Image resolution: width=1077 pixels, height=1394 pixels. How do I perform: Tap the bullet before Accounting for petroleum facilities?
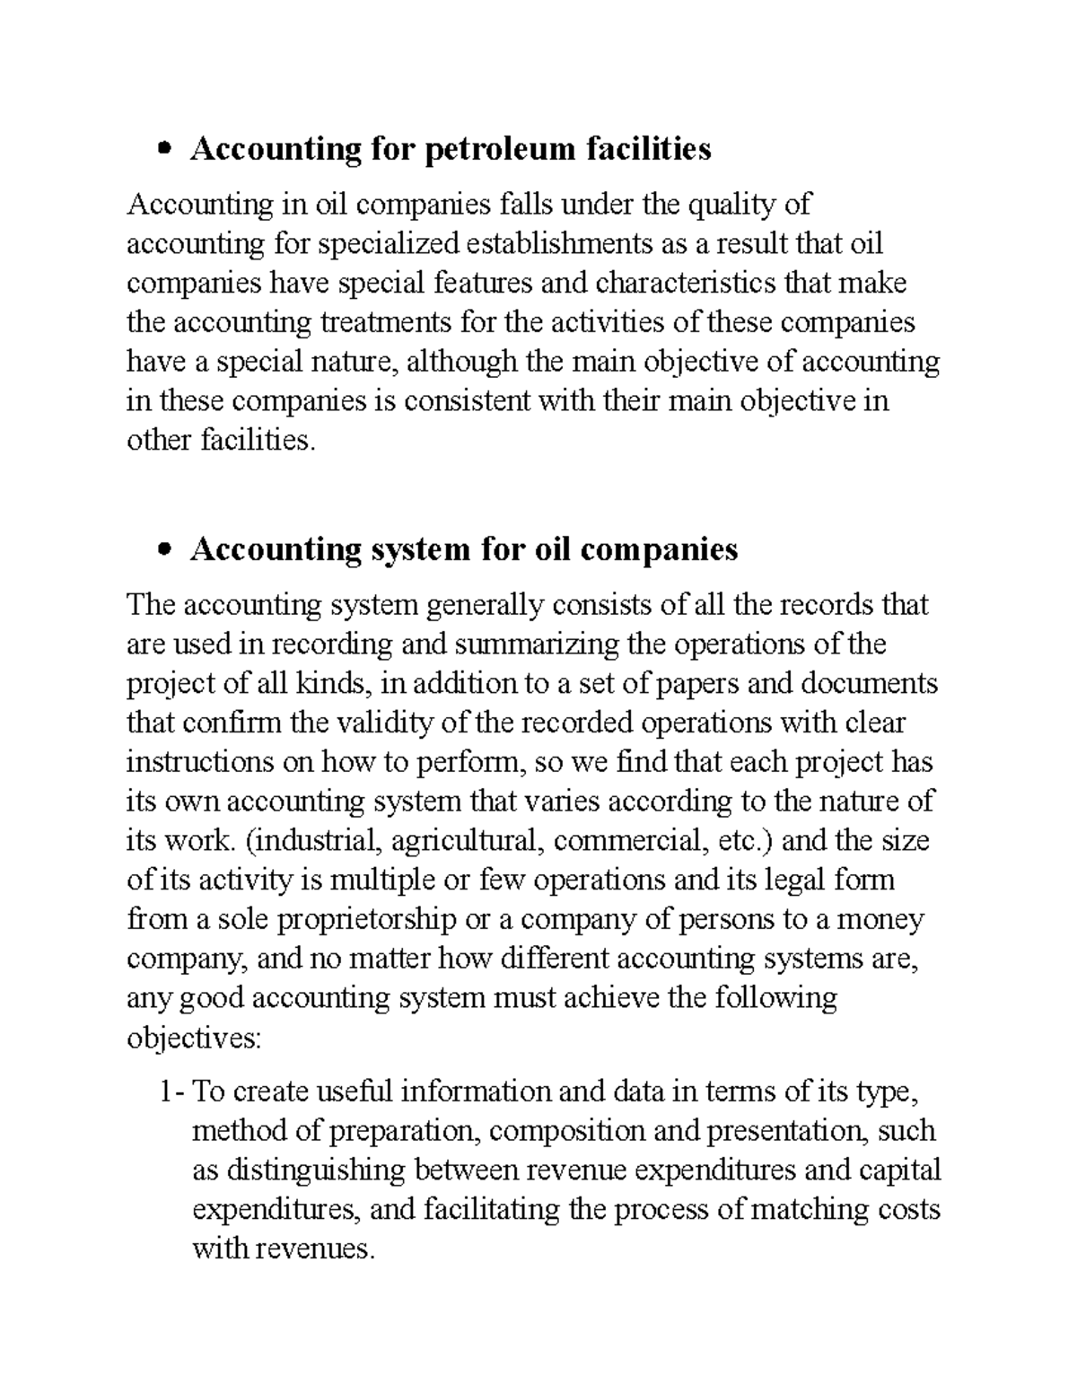pyautogui.click(x=163, y=149)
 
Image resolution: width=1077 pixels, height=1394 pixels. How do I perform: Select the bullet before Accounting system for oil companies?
pyautogui.click(x=163, y=549)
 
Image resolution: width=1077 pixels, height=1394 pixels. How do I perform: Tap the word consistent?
pyautogui.click(x=467, y=400)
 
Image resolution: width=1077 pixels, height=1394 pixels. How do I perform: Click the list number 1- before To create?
pyautogui.click(x=171, y=1092)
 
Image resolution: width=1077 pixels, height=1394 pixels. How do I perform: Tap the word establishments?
pyautogui.click(x=560, y=244)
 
